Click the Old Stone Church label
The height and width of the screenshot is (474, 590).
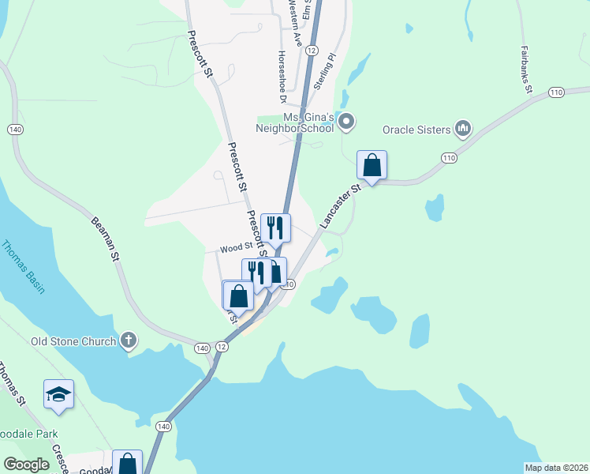point(73,341)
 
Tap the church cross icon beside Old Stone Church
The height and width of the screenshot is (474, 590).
point(129,341)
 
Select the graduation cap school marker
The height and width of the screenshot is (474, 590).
point(58,394)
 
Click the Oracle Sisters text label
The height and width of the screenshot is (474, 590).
point(416,129)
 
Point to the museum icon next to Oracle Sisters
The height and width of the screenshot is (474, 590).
point(463,128)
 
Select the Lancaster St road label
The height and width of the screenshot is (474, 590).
point(340,208)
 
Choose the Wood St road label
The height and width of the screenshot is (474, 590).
point(236,248)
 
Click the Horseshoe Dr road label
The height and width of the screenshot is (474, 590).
point(281,77)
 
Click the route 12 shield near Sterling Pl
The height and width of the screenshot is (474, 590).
point(312,50)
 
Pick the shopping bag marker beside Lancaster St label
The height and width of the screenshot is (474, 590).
point(372,166)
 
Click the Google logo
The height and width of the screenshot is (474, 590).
point(26,465)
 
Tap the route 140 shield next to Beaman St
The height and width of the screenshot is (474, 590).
point(14,129)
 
